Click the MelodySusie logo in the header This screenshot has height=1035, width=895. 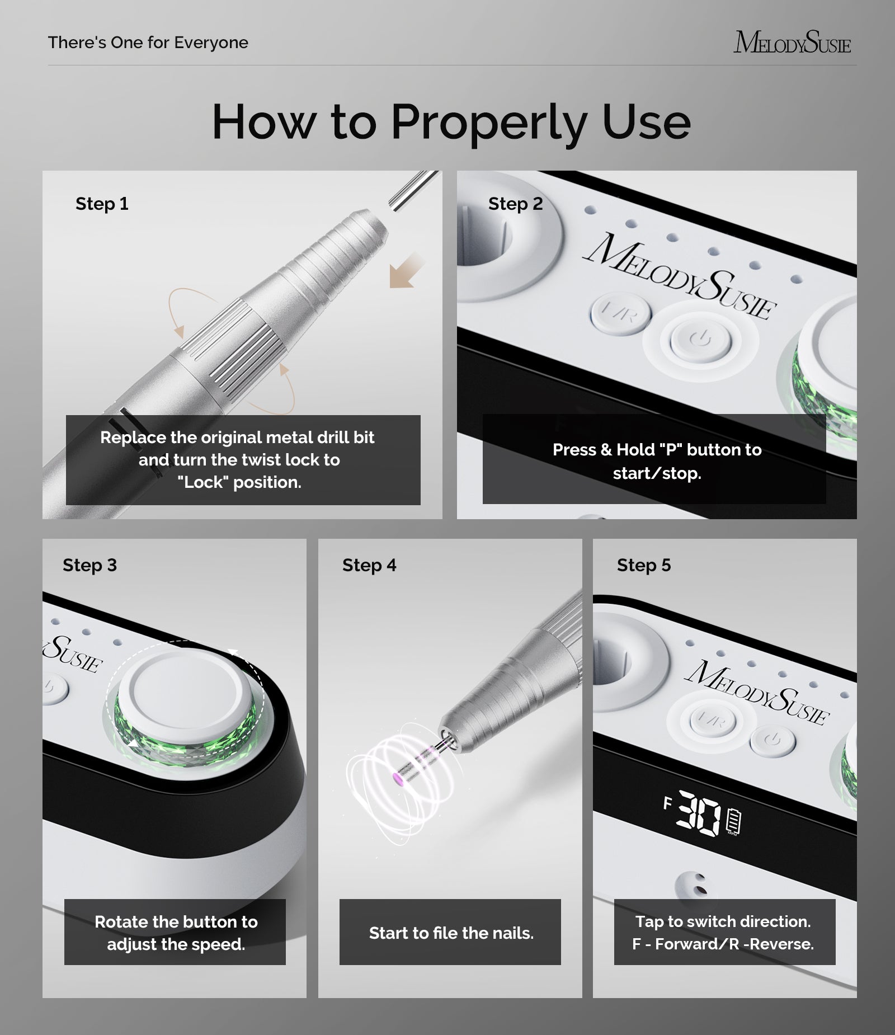click(792, 42)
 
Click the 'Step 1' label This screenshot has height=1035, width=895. click(102, 204)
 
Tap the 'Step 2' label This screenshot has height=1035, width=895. click(515, 204)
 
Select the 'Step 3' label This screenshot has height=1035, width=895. click(89, 565)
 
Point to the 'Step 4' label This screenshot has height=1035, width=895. click(369, 565)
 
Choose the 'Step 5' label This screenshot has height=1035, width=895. click(644, 565)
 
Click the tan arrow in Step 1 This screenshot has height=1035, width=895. click(407, 270)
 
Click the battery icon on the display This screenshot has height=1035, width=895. click(733, 821)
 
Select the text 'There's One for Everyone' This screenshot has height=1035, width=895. click(148, 43)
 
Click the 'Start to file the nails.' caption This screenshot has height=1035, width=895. click(451, 933)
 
